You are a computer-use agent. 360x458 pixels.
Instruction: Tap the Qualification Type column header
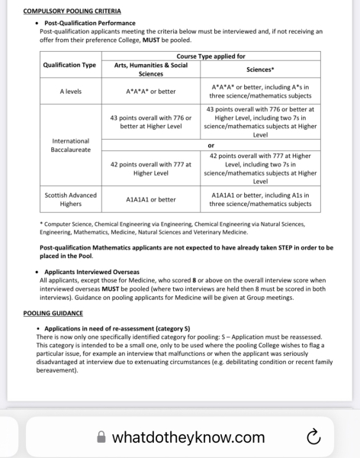[69, 65]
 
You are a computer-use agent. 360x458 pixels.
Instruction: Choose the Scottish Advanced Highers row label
[70, 199]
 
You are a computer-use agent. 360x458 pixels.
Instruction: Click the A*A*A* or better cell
[150, 92]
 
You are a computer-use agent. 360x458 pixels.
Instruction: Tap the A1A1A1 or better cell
[150, 199]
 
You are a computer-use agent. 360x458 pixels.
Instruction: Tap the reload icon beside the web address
[312, 437]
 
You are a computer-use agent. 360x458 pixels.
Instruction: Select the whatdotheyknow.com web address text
[188, 437]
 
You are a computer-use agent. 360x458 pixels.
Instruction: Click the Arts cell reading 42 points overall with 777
[150, 169]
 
